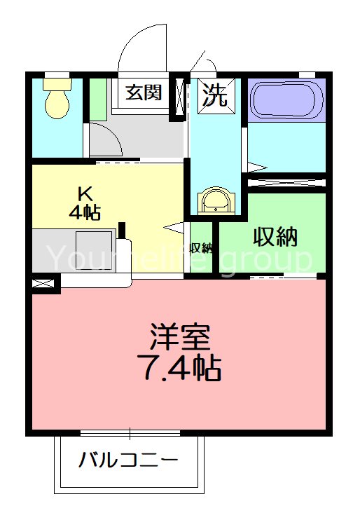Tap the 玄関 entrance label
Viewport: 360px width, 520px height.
144,93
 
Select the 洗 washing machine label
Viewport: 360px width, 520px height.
215,95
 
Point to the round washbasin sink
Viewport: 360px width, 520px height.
214,200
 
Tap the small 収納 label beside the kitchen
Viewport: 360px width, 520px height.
202,247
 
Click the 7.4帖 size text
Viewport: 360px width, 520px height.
182,367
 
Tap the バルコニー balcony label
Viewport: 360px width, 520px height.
127,460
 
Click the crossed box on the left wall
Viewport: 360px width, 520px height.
43,284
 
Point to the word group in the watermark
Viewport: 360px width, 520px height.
266,259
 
